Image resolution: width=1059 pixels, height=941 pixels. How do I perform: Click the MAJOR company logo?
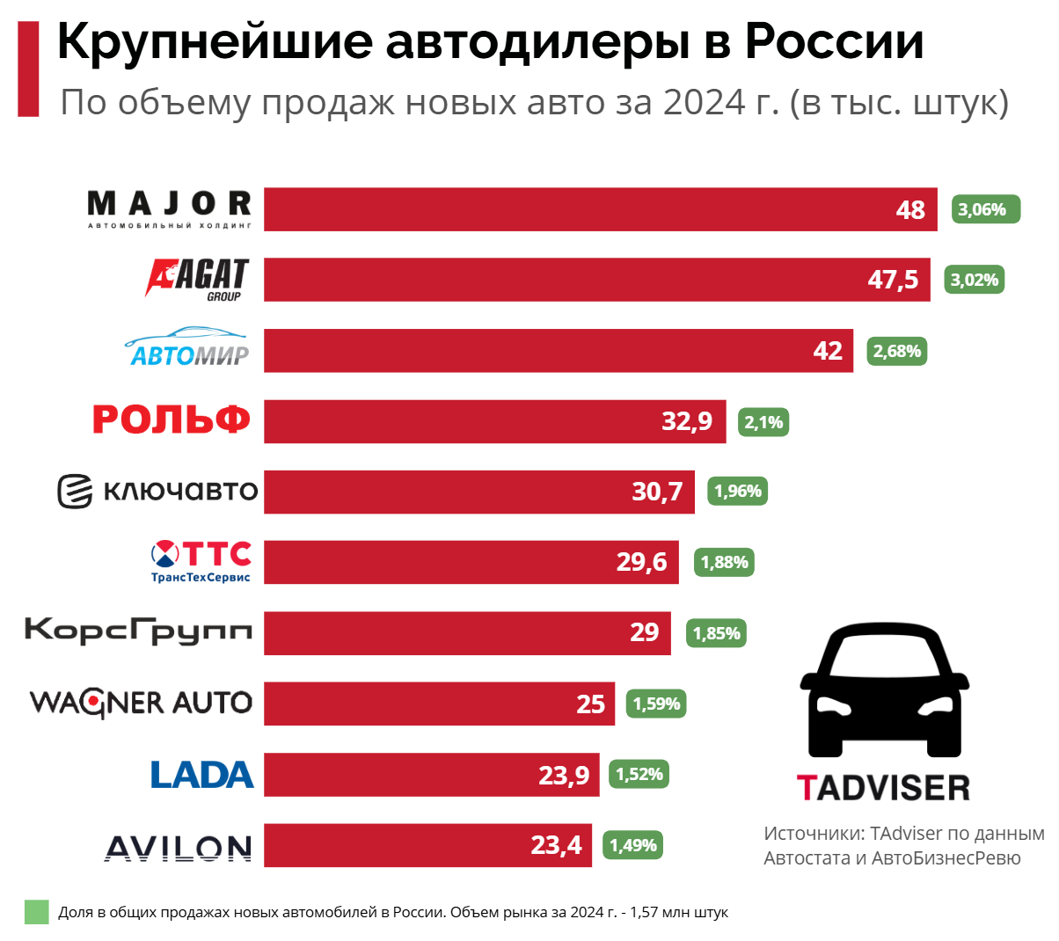(x=170, y=209)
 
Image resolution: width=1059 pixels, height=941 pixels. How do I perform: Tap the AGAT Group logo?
(x=198, y=279)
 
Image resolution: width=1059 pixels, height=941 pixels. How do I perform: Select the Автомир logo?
(x=186, y=347)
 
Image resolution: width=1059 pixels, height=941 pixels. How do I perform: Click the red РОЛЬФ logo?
(x=172, y=419)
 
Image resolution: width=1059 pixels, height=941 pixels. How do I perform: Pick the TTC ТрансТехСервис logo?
(x=201, y=561)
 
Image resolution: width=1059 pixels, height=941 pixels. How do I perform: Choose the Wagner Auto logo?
(x=141, y=703)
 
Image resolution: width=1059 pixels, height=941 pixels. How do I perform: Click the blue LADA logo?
(x=201, y=775)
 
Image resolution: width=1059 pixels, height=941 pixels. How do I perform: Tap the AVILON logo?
(x=179, y=848)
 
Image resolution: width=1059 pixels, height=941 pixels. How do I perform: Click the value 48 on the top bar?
(x=910, y=210)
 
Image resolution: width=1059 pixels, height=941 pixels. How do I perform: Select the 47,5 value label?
(x=893, y=280)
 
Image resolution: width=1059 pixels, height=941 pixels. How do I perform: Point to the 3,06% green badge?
(x=985, y=209)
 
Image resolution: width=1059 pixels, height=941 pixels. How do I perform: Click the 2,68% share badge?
(x=896, y=351)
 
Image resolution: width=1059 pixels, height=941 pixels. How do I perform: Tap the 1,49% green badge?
(x=633, y=845)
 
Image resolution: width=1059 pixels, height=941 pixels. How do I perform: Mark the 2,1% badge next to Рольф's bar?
(x=763, y=422)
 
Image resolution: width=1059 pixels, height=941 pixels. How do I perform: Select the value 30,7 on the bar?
(x=657, y=492)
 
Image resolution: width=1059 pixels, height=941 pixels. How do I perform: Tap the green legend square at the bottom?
(x=36, y=912)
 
